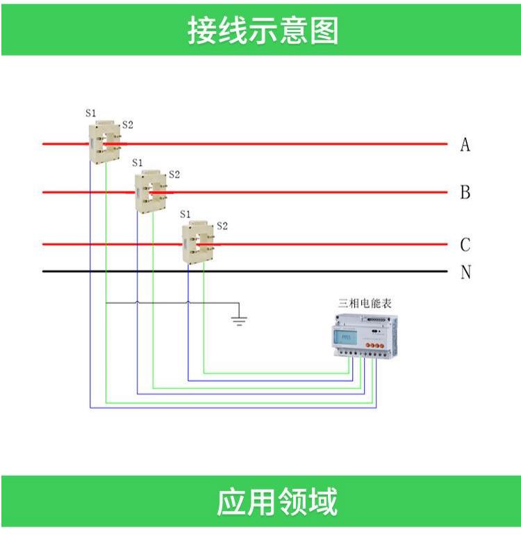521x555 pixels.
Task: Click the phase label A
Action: (x=465, y=145)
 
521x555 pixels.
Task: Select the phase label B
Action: (x=465, y=193)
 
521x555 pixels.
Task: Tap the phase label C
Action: (x=465, y=245)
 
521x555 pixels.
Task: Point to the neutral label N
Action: (x=466, y=272)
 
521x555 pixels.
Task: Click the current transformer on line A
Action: (x=105, y=142)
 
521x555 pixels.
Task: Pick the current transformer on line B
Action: (x=151, y=191)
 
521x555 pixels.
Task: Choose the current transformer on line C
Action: (x=198, y=242)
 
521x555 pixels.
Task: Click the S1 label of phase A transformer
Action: (x=91, y=113)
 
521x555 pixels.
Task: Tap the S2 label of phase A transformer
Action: (x=128, y=124)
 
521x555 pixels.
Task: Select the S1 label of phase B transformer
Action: (x=138, y=163)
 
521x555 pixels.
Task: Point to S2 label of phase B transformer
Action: (x=174, y=174)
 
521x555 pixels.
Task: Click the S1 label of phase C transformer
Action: (x=185, y=214)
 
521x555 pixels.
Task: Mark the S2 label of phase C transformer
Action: (x=222, y=226)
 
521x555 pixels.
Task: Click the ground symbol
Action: (x=239, y=320)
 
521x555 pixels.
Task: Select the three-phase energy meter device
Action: (x=365, y=336)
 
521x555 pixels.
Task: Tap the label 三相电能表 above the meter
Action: (x=365, y=303)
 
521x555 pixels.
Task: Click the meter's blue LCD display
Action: (x=345, y=337)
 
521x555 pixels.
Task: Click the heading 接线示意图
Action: (x=263, y=31)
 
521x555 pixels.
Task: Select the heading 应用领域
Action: (x=277, y=502)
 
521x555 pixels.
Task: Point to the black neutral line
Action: (x=245, y=271)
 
